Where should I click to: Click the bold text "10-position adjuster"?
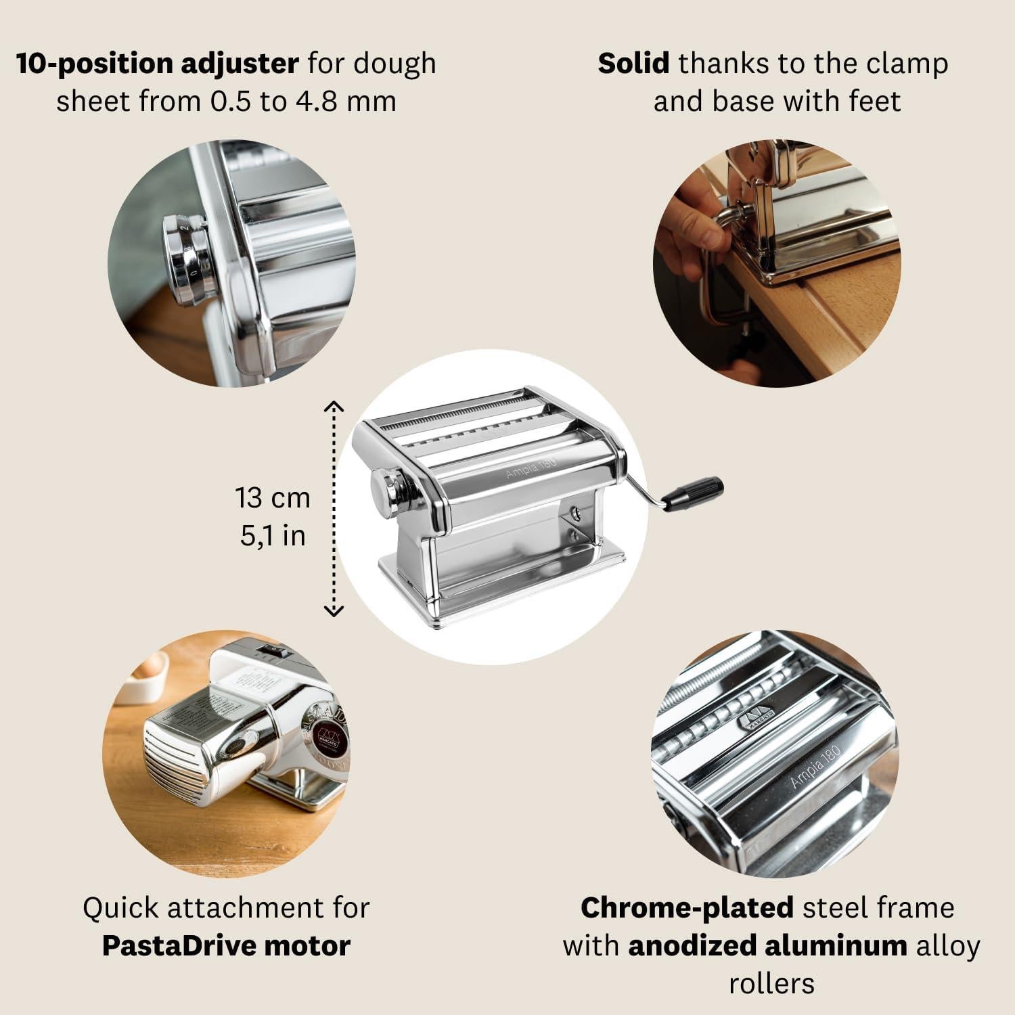(x=157, y=64)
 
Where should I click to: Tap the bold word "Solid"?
(x=633, y=64)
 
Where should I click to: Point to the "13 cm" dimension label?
(x=273, y=497)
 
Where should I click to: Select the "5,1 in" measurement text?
(x=273, y=535)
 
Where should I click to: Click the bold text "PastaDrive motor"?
(x=226, y=945)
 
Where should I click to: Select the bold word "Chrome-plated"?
(x=687, y=907)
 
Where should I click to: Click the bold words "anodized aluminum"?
(x=767, y=945)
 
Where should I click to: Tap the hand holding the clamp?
(x=683, y=223)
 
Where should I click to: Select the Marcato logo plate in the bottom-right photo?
(x=754, y=719)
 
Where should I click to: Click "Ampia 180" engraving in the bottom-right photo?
(x=815, y=767)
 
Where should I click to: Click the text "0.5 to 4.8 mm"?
(x=302, y=101)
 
